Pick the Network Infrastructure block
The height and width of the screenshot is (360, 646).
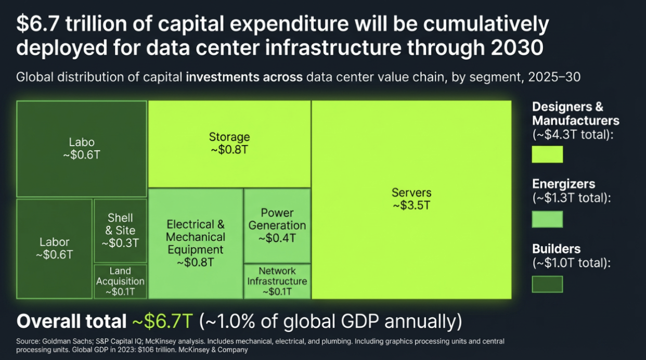277,281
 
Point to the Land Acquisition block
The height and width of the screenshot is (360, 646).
120,281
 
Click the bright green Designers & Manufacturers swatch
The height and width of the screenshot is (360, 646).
547,155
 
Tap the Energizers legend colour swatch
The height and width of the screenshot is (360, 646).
547,219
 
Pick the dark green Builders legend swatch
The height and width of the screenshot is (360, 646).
547,284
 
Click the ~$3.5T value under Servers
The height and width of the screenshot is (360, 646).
411,205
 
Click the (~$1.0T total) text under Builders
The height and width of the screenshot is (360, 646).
571,263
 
